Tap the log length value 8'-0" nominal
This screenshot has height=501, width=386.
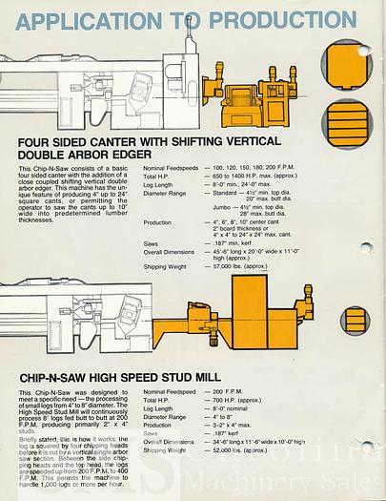pyautogui.click(x=235, y=408)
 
